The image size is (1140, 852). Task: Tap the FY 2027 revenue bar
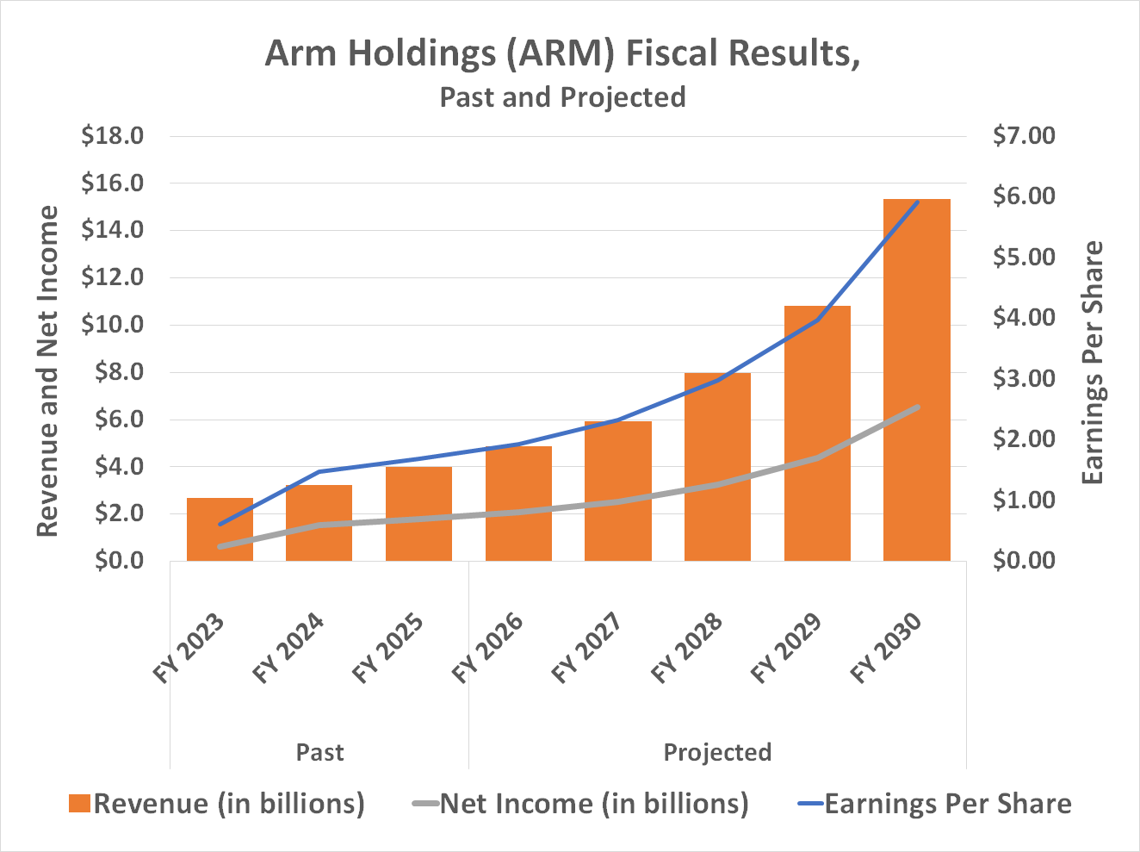(x=617, y=491)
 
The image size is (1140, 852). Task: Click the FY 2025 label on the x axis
(x=389, y=648)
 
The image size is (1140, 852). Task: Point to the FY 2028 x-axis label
(x=688, y=648)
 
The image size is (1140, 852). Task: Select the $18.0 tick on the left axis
(x=112, y=136)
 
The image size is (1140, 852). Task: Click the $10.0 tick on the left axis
(x=112, y=326)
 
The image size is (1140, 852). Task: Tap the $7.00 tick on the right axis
(x=1024, y=136)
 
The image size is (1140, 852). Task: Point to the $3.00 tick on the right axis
(x=1024, y=379)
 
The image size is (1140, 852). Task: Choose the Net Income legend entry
(x=581, y=804)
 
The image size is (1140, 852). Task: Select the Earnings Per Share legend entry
(x=935, y=804)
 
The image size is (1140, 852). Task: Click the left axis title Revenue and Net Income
(x=48, y=370)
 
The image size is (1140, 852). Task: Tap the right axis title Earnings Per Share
(x=1093, y=362)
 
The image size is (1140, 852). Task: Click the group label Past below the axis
(x=319, y=752)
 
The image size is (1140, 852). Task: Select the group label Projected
(x=717, y=752)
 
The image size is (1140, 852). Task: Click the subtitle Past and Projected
(x=562, y=96)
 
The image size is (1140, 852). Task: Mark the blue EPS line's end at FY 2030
(x=918, y=202)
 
